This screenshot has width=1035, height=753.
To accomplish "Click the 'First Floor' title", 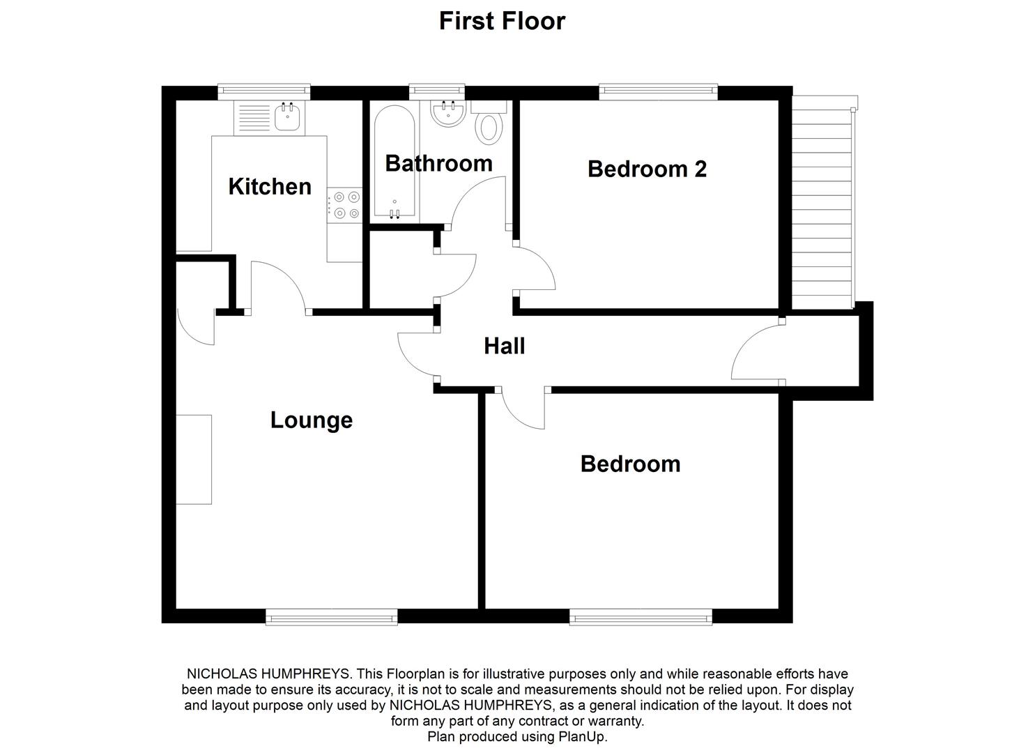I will (502, 21).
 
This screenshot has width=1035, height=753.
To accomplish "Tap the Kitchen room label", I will (270, 187).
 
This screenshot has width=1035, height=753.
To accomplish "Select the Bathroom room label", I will (438, 163).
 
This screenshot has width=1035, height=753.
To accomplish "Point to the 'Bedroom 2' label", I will (647, 169).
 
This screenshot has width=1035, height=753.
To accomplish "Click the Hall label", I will (504, 346).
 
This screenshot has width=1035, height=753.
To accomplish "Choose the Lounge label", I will (311, 420).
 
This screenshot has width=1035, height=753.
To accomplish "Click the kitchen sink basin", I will (286, 117).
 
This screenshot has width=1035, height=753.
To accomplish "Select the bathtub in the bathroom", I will (394, 162).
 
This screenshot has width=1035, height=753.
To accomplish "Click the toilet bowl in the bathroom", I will (489, 128).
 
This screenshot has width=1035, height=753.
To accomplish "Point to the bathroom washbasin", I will (447, 114).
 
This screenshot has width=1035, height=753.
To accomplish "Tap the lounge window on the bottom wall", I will (331, 616).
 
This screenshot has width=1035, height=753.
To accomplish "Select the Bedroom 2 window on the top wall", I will (658, 92).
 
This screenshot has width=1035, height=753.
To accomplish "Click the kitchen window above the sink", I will (263, 92).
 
